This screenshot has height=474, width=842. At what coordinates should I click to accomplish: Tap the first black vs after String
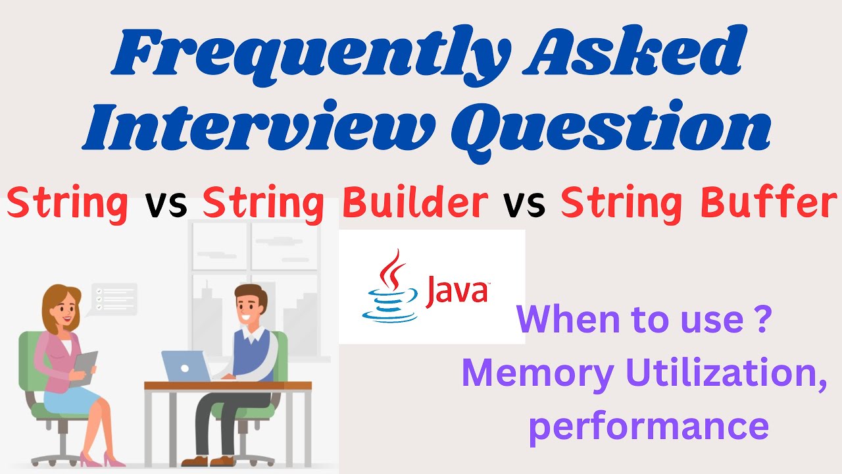(166, 203)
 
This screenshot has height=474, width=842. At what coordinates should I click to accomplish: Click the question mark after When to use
(761, 320)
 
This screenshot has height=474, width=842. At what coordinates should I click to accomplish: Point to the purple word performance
(649, 425)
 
